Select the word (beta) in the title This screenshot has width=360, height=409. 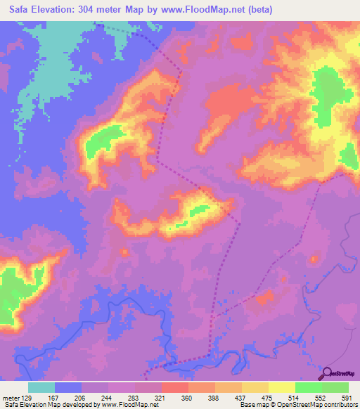pos(257,10)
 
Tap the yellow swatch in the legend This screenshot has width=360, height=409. pos(282,388)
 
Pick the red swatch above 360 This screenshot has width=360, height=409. pos(175,388)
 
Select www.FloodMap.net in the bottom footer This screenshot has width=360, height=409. pos(121,404)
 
